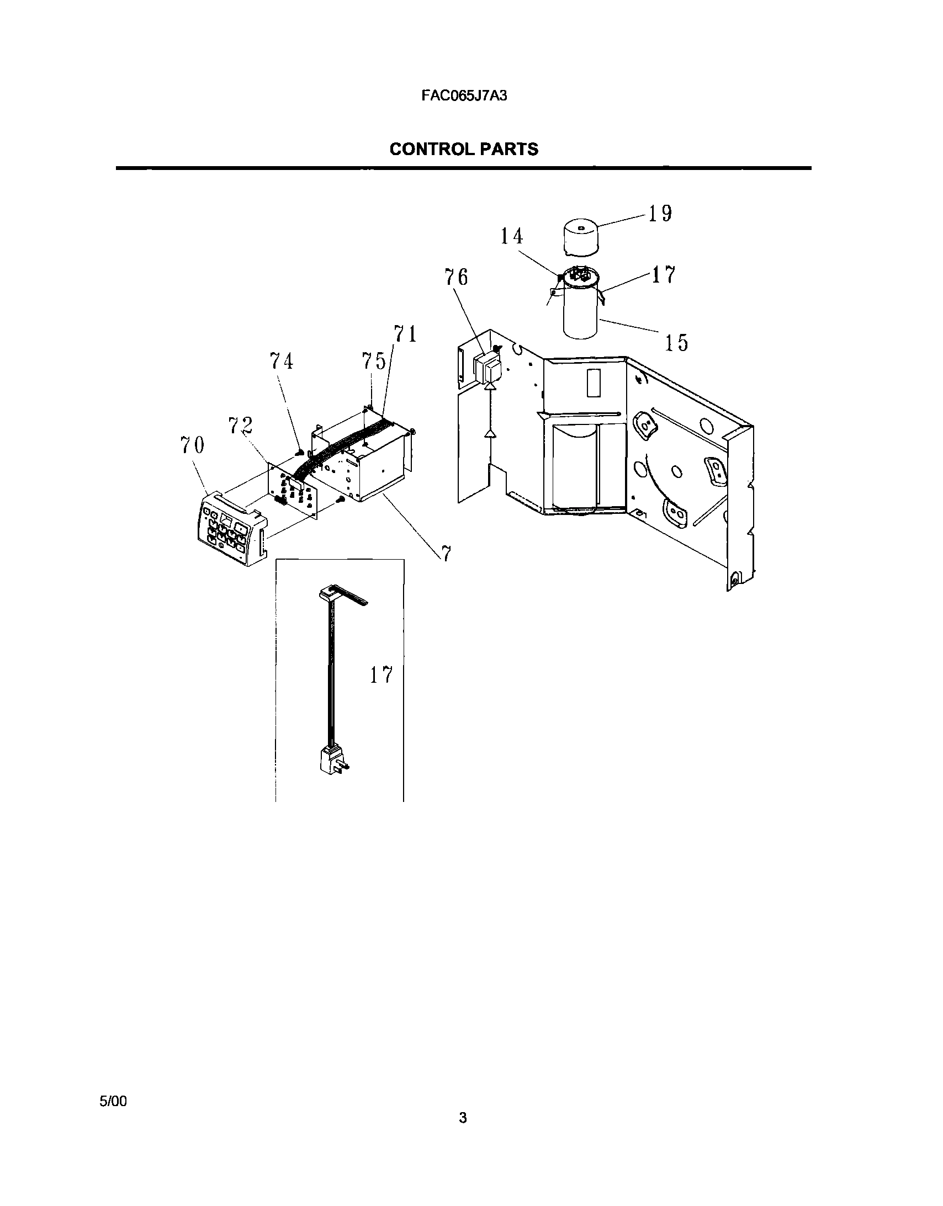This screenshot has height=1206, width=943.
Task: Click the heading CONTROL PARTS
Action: [464, 149]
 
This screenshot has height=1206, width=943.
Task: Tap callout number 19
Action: [660, 214]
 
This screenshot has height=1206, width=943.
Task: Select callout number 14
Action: [512, 236]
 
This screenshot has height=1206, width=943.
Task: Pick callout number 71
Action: [405, 334]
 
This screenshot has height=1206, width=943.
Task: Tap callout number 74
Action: [281, 361]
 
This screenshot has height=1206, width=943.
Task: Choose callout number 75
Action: [374, 361]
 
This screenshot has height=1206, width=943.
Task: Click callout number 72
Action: [240, 425]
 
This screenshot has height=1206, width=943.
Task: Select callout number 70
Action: [192, 444]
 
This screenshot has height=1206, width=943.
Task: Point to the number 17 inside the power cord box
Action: [381, 675]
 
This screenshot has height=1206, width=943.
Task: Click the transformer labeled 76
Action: [487, 368]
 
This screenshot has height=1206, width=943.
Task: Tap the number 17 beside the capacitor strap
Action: [664, 274]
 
